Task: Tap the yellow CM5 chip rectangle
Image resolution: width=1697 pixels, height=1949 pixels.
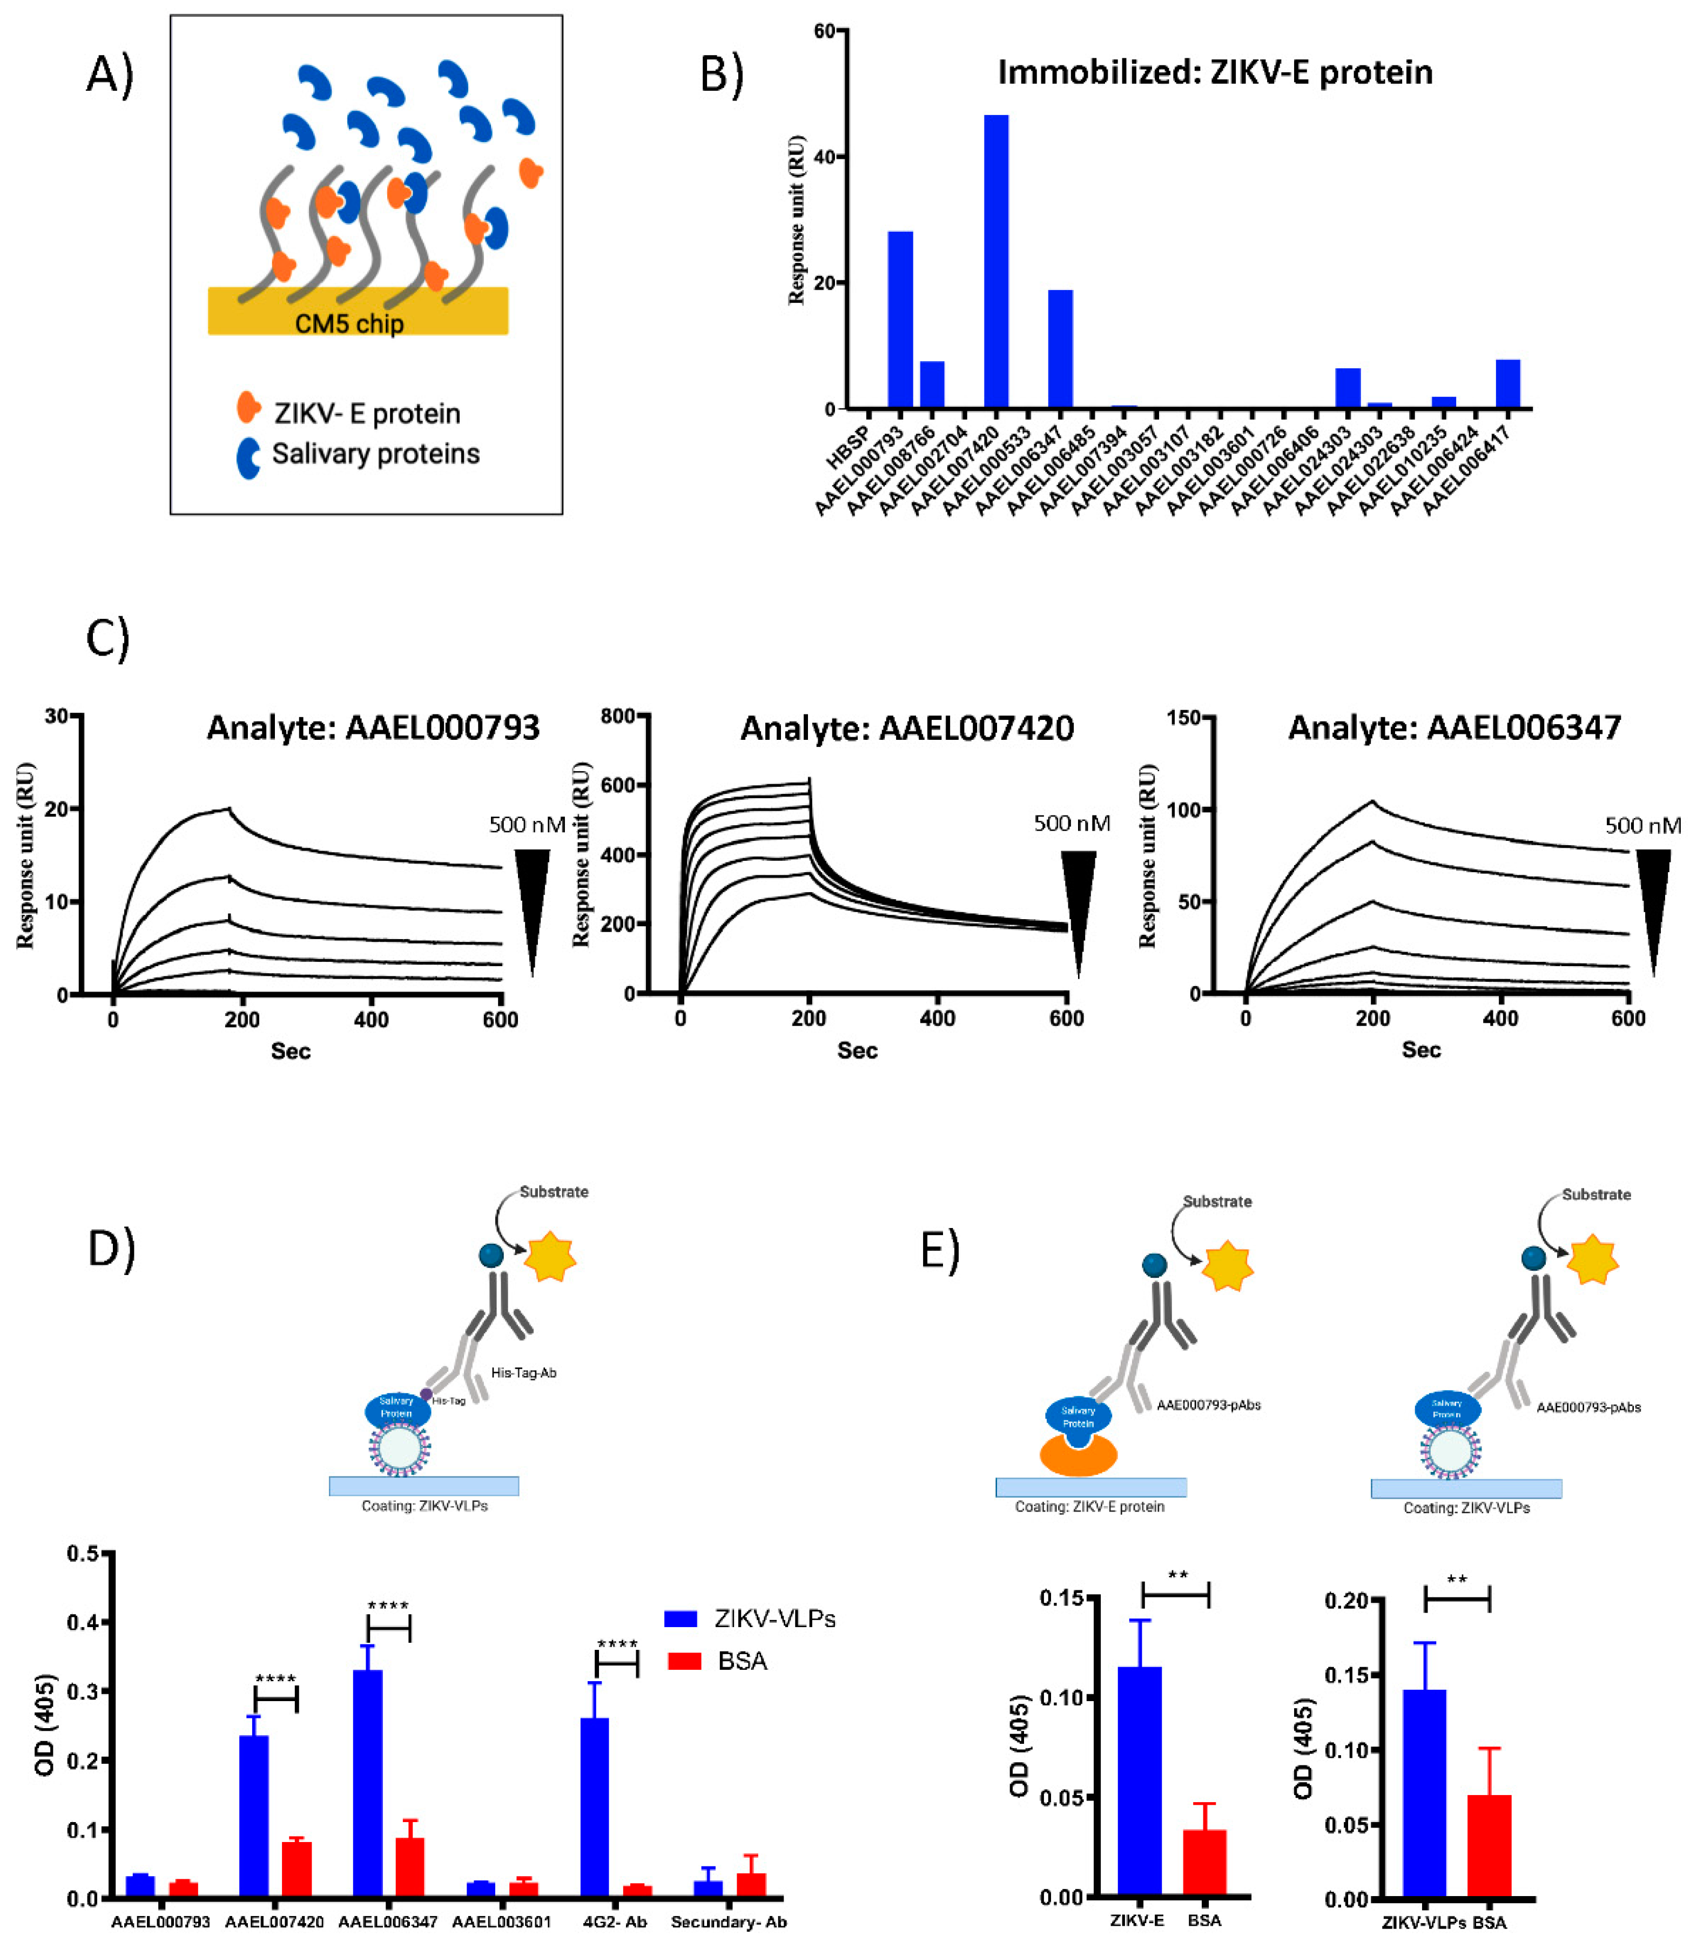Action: pyautogui.click(x=358, y=311)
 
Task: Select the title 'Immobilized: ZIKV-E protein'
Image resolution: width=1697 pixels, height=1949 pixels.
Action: pyautogui.click(x=1215, y=73)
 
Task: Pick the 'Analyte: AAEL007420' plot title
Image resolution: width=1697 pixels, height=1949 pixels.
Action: pyautogui.click(x=906, y=729)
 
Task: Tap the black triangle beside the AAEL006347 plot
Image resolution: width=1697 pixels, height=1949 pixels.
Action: pyautogui.click(x=1653, y=900)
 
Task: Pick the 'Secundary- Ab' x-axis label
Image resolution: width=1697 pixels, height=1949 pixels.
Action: pyautogui.click(x=728, y=1921)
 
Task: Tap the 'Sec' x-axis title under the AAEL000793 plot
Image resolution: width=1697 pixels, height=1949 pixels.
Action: pyautogui.click(x=291, y=1051)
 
